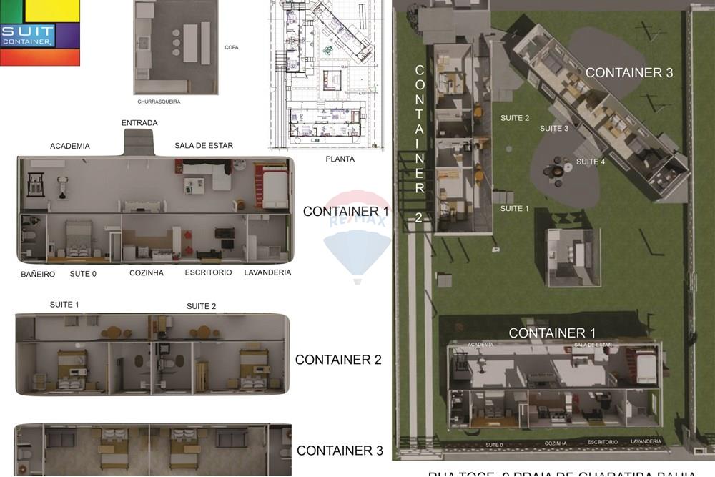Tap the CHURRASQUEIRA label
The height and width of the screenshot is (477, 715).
(x=159, y=102)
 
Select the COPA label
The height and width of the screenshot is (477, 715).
(x=231, y=47)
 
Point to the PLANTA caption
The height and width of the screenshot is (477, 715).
(x=340, y=159)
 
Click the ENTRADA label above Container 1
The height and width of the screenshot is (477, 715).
(x=139, y=123)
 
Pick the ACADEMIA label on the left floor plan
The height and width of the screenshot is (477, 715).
(x=70, y=146)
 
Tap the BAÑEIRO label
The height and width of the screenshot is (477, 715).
(x=38, y=274)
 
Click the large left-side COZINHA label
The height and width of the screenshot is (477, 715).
(x=147, y=273)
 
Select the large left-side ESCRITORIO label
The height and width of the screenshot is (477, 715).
(x=208, y=272)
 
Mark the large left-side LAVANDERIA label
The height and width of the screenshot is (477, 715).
(x=267, y=272)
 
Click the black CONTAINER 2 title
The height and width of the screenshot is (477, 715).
(x=338, y=360)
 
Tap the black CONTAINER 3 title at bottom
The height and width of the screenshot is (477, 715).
(x=340, y=451)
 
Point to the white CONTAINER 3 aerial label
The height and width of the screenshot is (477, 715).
(x=629, y=72)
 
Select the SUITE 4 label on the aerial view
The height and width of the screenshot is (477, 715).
(x=591, y=162)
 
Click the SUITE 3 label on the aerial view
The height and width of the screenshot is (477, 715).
(x=554, y=129)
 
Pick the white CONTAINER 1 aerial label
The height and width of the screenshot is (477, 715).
(x=552, y=333)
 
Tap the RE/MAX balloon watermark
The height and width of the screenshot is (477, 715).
(x=357, y=236)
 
